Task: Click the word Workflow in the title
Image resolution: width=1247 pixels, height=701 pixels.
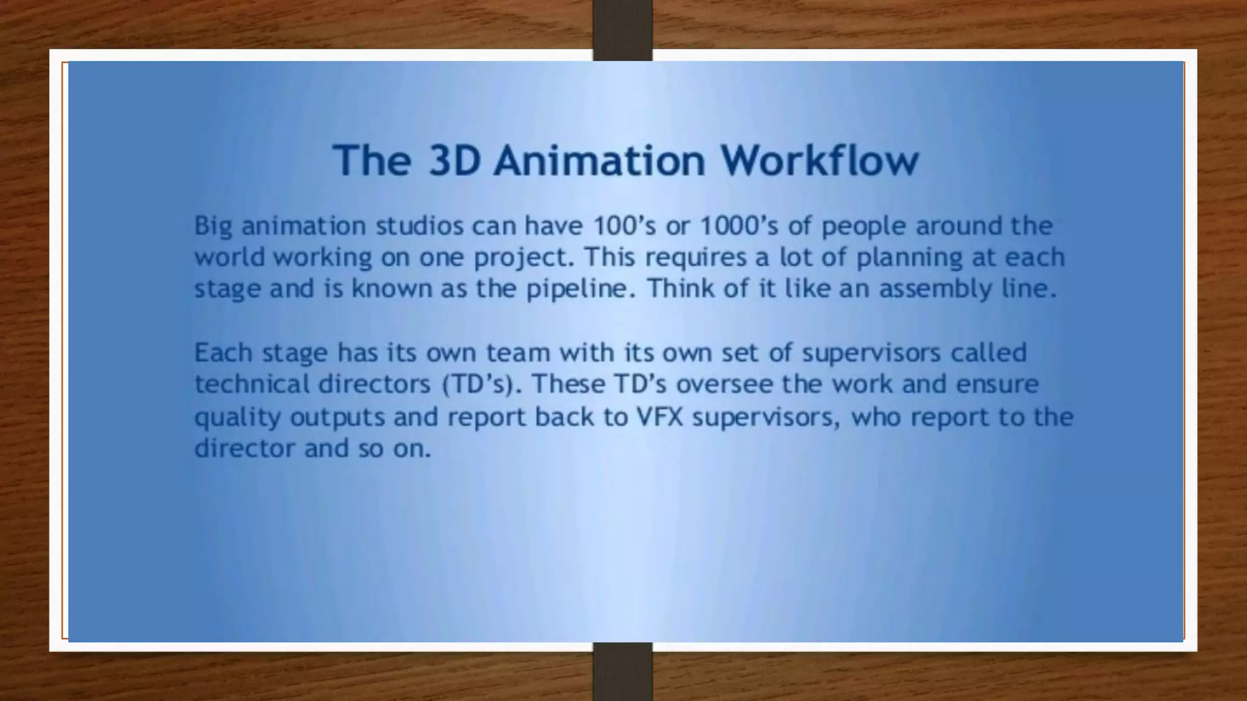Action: pyautogui.click(x=819, y=160)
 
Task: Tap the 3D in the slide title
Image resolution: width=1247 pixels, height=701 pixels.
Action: pyautogui.click(x=454, y=160)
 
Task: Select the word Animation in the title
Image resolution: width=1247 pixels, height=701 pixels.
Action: pyautogui.click(x=599, y=160)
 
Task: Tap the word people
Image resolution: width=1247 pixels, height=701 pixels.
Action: pyautogui.click(x=864, y=227)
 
